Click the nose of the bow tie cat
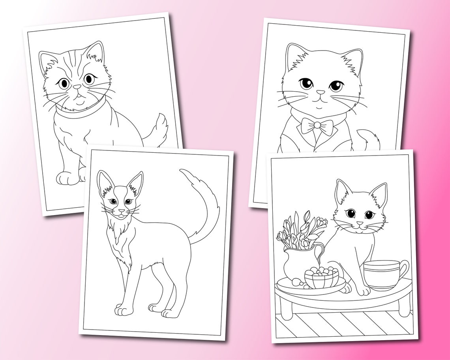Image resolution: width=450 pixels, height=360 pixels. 322,92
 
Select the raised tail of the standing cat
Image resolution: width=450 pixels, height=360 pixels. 205,205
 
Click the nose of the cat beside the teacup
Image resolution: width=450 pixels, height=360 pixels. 359,224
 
